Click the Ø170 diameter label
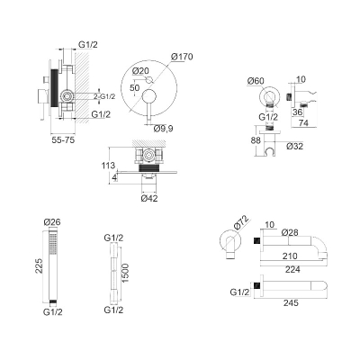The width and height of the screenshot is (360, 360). point(182,57)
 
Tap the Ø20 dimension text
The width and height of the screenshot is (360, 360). point(140,71)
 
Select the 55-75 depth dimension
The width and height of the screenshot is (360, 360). point(63,139)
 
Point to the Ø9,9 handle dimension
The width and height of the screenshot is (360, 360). point(163,129)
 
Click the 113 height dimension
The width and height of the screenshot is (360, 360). point(108,165)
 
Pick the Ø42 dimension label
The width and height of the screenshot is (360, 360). point(149,198)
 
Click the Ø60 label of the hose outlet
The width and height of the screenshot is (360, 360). point(256,81)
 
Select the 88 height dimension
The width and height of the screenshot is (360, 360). point(256,140)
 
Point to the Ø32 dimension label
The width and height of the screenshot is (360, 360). point(294,146)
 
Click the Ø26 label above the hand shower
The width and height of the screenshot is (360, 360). point(52,222)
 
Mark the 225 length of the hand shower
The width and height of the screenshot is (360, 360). point(39,265)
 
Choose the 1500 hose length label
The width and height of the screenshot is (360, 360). point(124,273)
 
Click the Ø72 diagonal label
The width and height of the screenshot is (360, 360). point(241,223)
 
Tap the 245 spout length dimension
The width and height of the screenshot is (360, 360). point(291,303)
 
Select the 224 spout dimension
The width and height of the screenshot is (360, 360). point(292,270)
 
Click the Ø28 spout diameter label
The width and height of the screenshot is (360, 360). point(290,232)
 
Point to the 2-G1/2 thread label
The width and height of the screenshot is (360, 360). point(104,96)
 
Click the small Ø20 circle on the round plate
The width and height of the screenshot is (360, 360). point(149,80)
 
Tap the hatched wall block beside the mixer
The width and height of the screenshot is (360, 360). point(82,88)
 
